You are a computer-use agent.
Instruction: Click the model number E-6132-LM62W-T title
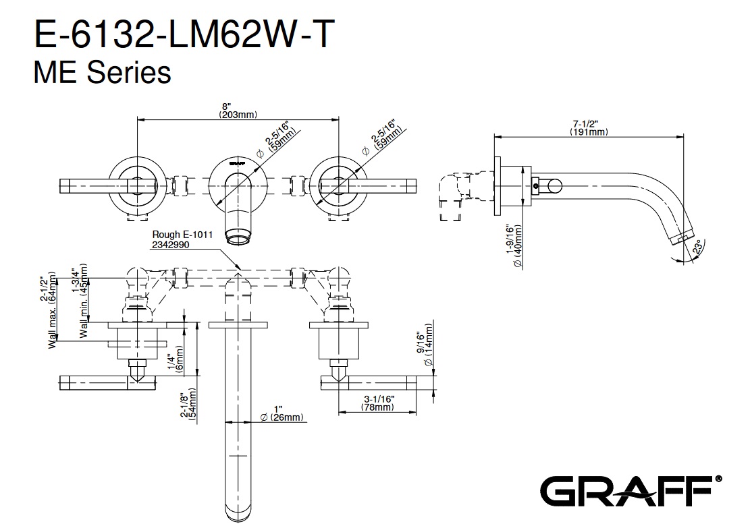click(182, 35)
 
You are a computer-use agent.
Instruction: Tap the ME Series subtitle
click(102, 73)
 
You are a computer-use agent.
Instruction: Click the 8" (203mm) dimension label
click(238, 110)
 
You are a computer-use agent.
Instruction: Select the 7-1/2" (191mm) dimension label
click(588, 127)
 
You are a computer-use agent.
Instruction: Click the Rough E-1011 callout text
click(182, 235)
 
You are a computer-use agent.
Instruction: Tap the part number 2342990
click(171, 245)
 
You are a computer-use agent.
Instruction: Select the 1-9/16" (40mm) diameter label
click(514, 246)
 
